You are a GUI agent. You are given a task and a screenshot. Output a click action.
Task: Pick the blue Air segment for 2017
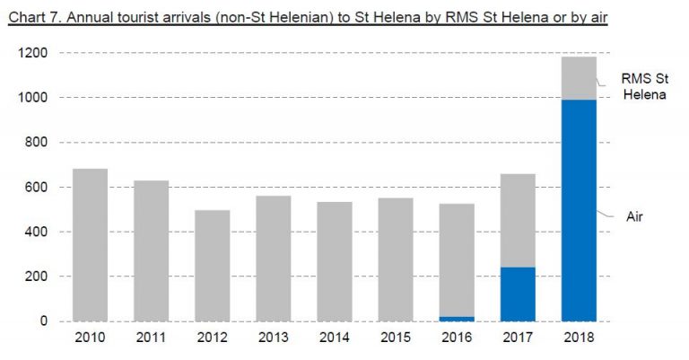[x=518, y=294]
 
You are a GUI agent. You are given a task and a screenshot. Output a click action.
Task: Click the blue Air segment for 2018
[x=579, y=210]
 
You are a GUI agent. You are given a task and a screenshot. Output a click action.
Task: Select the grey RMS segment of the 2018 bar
[x=579, y=78]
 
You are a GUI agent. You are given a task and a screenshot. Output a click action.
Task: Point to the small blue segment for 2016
[x=457, y=318]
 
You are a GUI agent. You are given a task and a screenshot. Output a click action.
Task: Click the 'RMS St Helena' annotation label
[x=644, y=86]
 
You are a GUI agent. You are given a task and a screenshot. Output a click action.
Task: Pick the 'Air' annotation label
[x=635, y=215]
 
